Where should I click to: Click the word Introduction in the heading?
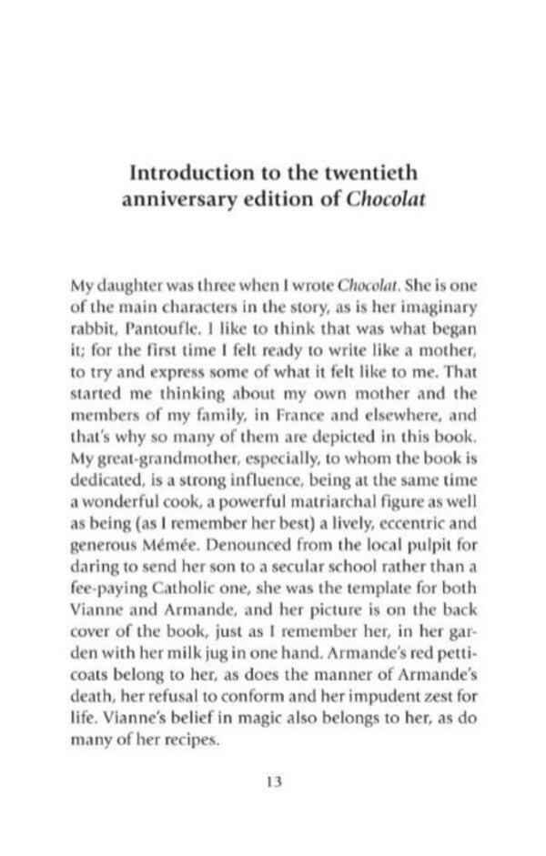click(x=188, y=171)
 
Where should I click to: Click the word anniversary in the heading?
click(x=177, y=199)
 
